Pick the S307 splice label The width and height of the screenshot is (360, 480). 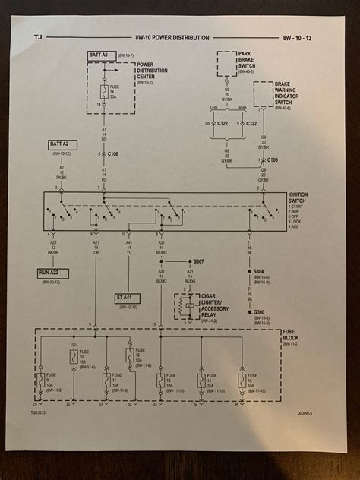pos(198,261)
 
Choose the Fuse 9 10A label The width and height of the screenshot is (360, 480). pos(49,381)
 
